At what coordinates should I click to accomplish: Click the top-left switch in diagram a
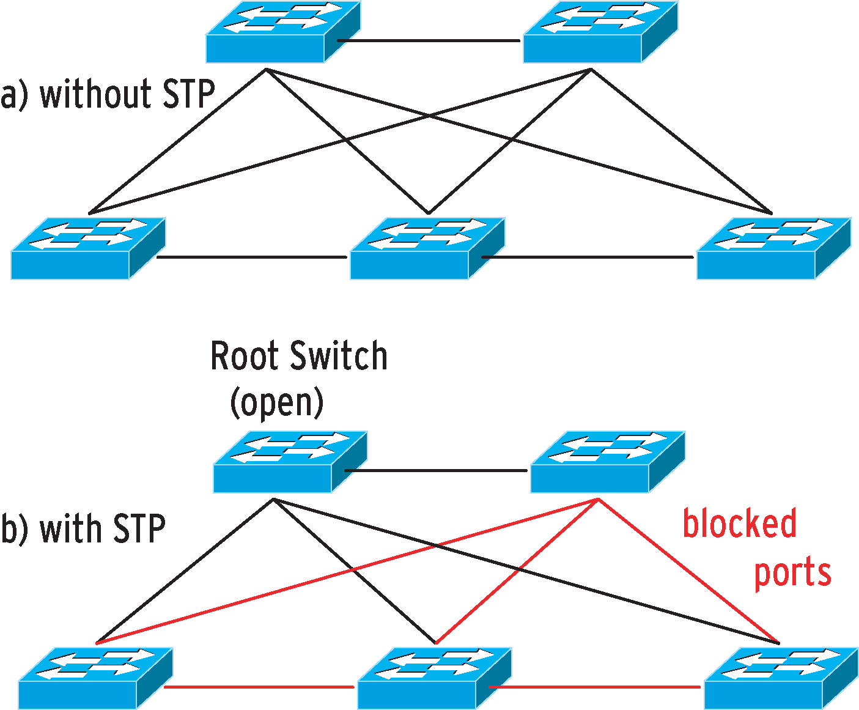coord(283,32)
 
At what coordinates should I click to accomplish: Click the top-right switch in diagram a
coord(600,32)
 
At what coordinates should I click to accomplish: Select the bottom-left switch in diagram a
coord(88,249)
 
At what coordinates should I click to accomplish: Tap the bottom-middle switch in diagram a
coord(427,249)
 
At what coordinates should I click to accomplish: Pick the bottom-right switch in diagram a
coord(774,249)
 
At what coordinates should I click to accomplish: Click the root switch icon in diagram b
coord(290,462)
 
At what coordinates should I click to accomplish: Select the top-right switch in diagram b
coord(608,462)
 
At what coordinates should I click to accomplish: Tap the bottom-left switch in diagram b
coord(95,678)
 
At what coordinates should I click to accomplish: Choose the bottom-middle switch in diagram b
coord(435,678)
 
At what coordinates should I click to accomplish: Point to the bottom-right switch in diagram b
coord(781,678)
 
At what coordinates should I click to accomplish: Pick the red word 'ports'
coord(793,572)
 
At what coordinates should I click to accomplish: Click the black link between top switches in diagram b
coord(436,470)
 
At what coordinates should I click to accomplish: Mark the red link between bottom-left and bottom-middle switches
coord(259,687)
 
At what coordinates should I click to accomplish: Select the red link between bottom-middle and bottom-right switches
coord(594,687)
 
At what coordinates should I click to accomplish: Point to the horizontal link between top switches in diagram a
coord(429,40)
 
